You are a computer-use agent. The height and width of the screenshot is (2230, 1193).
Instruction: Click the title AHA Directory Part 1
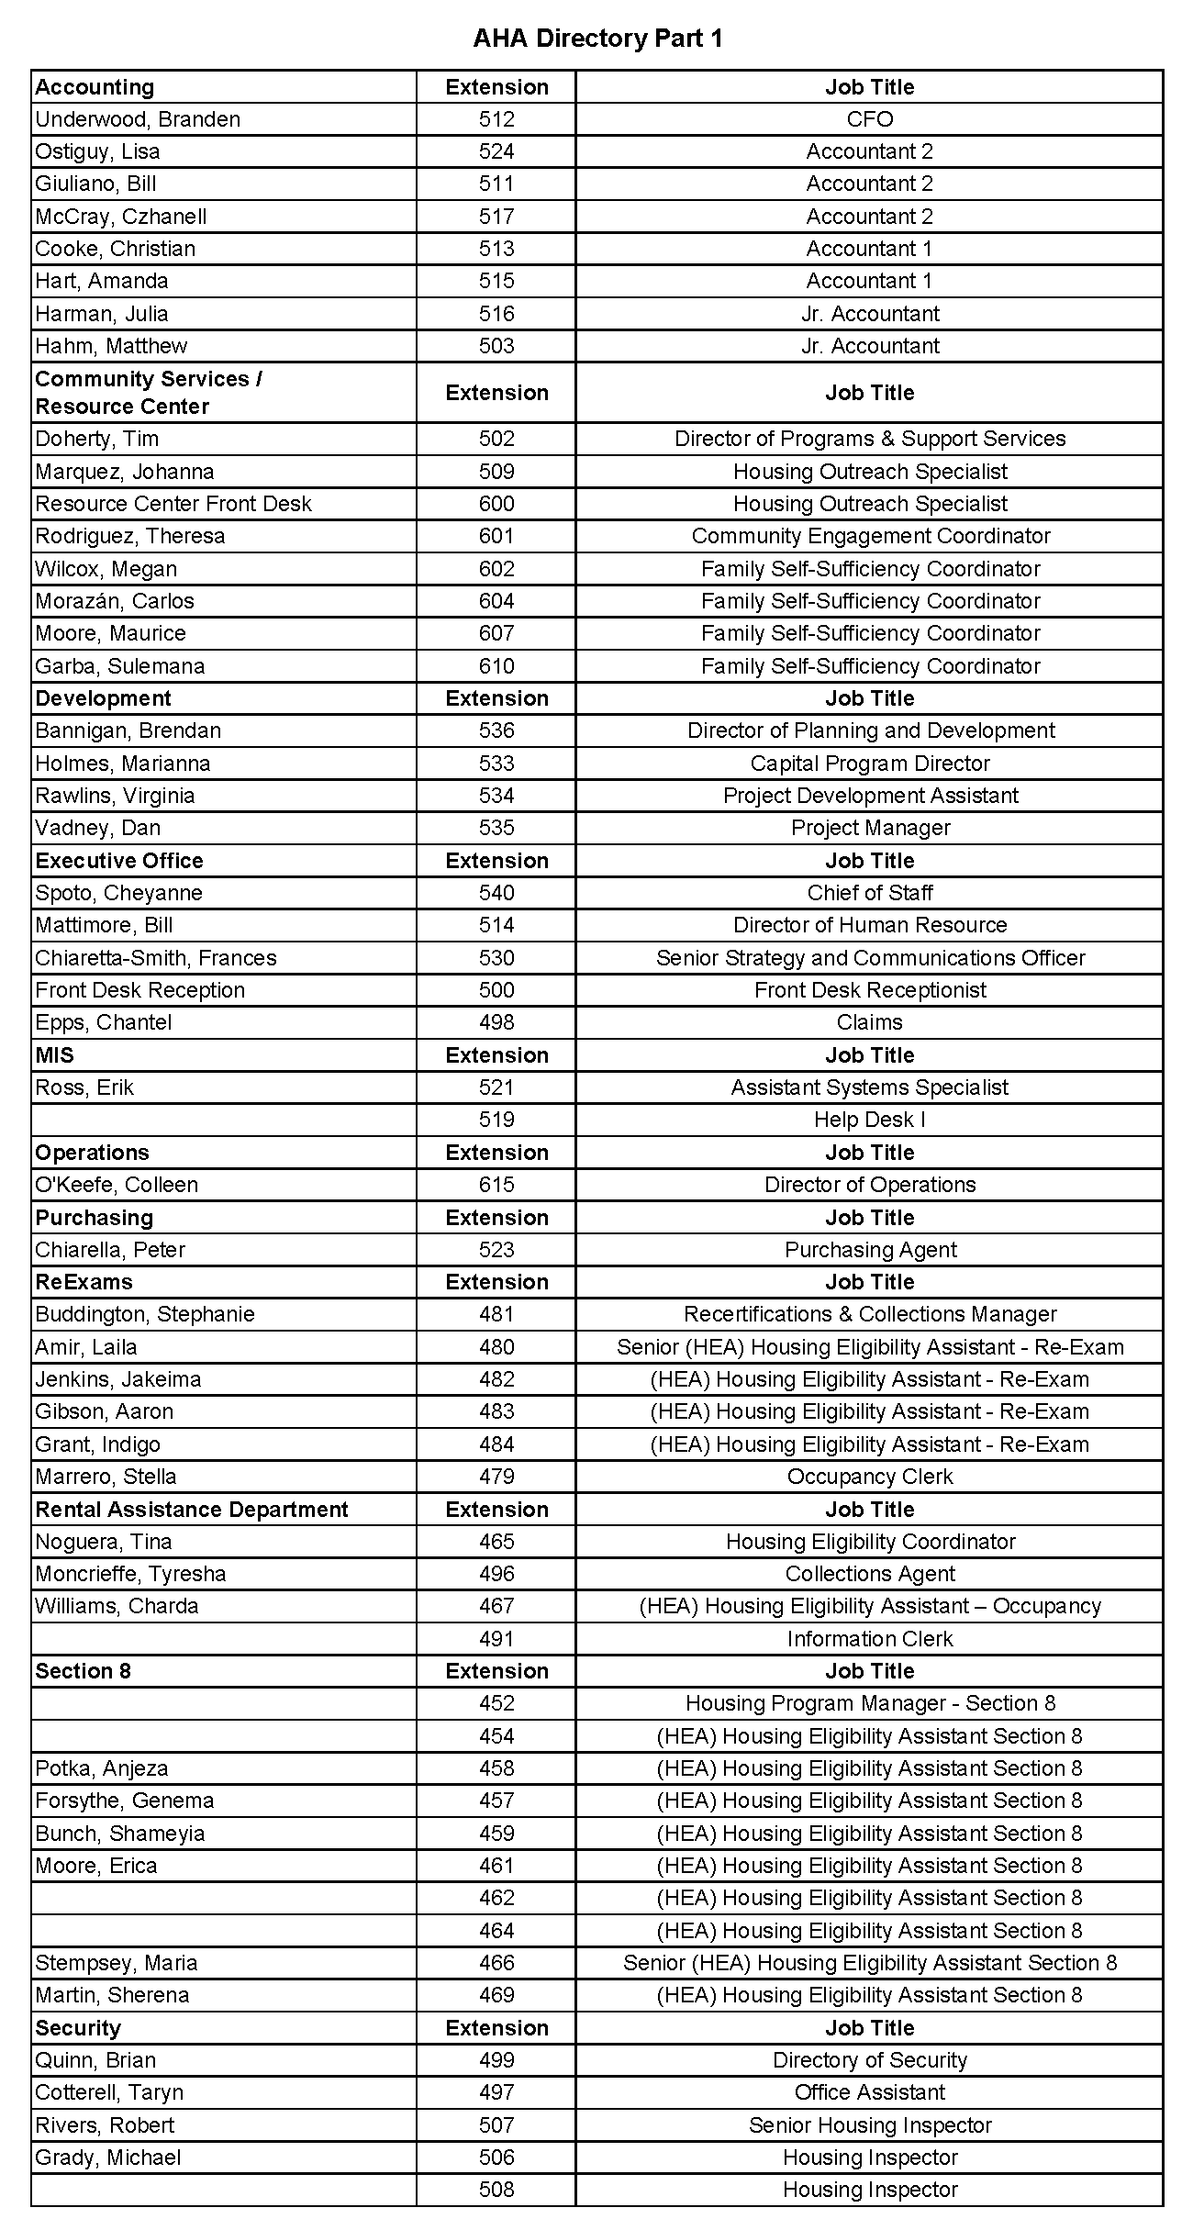pos(597,39)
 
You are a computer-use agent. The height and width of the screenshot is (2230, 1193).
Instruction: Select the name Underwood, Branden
pos(138,119)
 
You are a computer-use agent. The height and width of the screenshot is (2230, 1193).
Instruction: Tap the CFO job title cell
pos(869,119)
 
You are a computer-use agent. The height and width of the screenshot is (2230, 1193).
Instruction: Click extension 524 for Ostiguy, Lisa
pos(496,151)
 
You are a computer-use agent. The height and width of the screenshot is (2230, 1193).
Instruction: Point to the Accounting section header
pos(95,87)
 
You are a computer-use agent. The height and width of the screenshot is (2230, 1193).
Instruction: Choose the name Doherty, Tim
pos(96,439)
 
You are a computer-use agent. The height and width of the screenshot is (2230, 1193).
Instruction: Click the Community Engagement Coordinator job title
pos(870,536)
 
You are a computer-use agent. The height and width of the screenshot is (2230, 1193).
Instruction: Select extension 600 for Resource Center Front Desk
pos(496,504)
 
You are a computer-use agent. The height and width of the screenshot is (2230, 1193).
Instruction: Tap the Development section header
pos(103,698)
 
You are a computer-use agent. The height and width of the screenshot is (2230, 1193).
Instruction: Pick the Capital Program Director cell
pos(870,764)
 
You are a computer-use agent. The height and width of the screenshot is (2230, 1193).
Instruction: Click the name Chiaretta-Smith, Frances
pos(156,958)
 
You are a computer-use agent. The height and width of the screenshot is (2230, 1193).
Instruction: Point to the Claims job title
pos(869,1022)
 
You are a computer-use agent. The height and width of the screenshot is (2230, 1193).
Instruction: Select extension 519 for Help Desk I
pos(496,1120)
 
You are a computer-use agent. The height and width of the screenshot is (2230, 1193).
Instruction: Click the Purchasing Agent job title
pos(870,1250)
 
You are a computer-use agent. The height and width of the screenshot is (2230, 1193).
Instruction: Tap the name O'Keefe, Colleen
pos(117,1185)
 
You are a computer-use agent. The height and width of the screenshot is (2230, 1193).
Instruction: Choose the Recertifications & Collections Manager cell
pos(870,1314)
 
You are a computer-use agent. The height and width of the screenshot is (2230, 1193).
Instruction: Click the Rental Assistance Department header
pos(192,1510)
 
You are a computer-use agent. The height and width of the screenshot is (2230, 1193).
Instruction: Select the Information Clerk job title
pos(870,1639)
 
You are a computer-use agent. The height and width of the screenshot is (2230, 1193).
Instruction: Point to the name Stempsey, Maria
pos(117,1963)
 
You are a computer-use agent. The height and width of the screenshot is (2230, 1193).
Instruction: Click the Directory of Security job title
pos(870,2060)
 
